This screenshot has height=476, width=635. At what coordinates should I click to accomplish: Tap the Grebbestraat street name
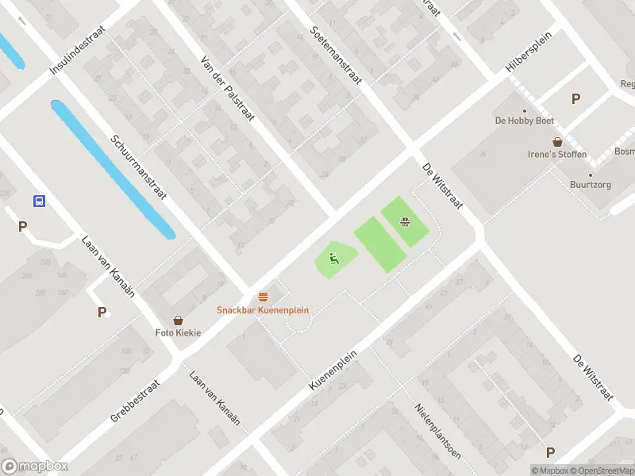tap(135, 400)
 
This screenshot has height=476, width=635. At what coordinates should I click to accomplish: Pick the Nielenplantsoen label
tap(426, 429)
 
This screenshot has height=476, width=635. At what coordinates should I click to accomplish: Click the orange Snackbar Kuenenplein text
tap(263, 310)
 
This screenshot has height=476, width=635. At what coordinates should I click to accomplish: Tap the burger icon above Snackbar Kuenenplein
tap(263, 297)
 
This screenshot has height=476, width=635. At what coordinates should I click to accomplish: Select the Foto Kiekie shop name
tap(178, 332)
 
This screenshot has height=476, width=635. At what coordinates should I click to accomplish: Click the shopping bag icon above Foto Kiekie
tap(178, 320)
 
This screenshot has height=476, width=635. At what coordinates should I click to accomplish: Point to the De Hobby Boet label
tap(524, 121)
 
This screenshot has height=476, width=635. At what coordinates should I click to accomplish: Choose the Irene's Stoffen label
tap(558, 154)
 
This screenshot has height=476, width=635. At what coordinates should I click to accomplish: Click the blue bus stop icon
tap(38, 201)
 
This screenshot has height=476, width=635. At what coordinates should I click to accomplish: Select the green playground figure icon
tap(333, 257)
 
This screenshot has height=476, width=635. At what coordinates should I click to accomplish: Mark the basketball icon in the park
tap(405, 221)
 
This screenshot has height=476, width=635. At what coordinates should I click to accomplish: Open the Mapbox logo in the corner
tap(35, 466)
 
